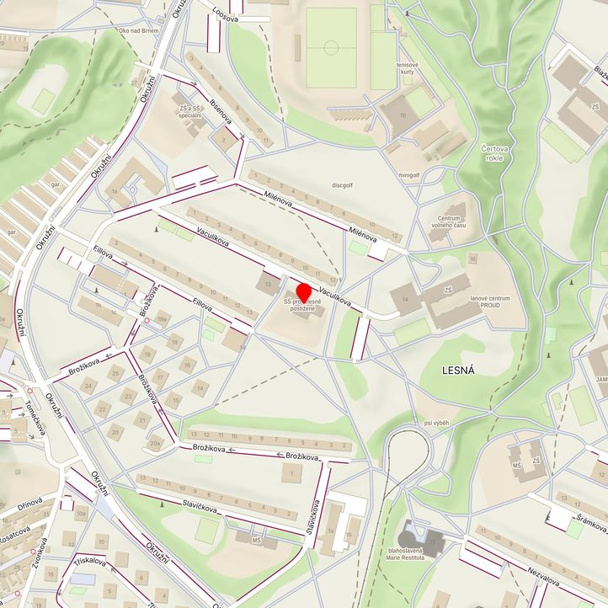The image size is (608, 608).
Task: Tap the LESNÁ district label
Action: [x=458, y=369]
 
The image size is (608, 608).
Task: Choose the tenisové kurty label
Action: [x=408, y=67]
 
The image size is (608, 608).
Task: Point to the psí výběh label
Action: [x=438, y=423]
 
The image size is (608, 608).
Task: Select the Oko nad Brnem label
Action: [x=139, y=31]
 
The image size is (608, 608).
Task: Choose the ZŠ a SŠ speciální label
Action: [x=189, y=113]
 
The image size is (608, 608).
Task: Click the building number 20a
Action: [x=154, y=440]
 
